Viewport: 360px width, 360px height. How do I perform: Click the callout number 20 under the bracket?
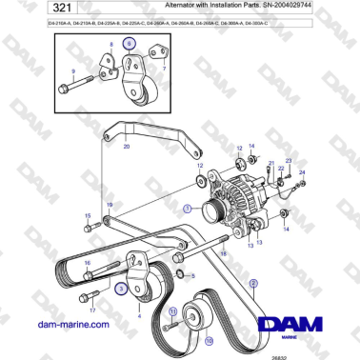[127, 147]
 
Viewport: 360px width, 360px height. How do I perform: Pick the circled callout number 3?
[121, 285]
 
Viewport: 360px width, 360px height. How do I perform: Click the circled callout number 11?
[172, 310]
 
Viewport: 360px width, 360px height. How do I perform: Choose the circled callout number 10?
[209, 339]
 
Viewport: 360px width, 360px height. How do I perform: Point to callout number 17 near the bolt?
[92, 310]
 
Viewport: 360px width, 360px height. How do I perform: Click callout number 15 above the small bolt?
[87, 216]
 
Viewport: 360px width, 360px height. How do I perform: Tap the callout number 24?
[302, 172]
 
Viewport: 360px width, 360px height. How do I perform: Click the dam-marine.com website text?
[68, 325]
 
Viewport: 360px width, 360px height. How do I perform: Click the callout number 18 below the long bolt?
[224, 255]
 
